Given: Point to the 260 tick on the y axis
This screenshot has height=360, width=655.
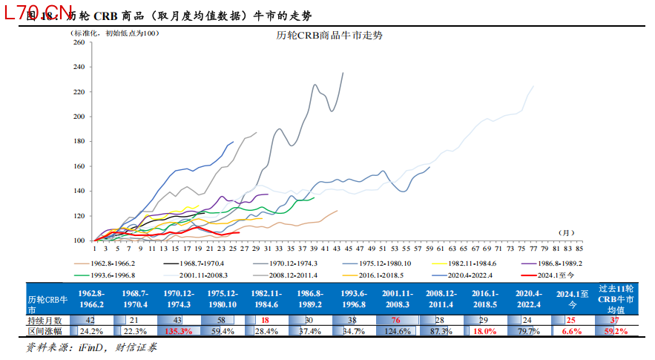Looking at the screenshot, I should pyautogui.click(x=79, y=42).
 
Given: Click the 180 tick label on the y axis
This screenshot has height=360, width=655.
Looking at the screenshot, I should pyautogui.click(x=79, y=141).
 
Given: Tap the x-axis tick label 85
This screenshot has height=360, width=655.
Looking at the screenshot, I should pyautogui.click(x=579, y=249).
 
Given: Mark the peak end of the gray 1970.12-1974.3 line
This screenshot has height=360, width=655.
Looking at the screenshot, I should pyautogui.click(x=343, y=73).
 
